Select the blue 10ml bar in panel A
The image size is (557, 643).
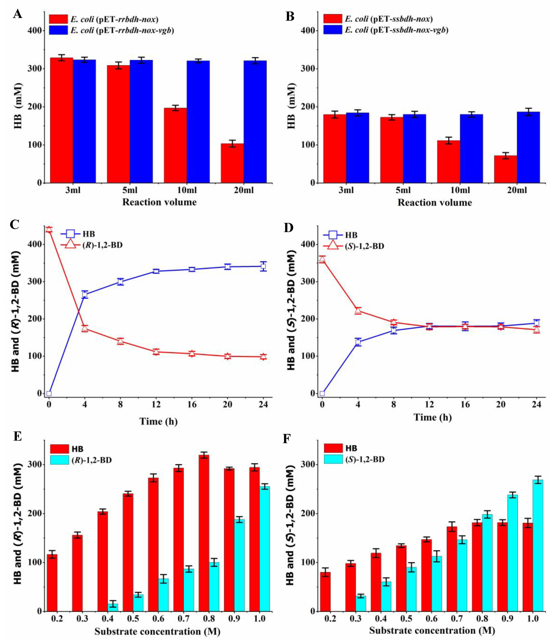coord(198,121)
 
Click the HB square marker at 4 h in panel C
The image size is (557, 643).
coord(85,295)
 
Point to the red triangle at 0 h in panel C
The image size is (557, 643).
coord(49,230)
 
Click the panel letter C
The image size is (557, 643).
coord(15,224)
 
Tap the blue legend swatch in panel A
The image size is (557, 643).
coord(58,30)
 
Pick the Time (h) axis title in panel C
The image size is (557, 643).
coord(158,421)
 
